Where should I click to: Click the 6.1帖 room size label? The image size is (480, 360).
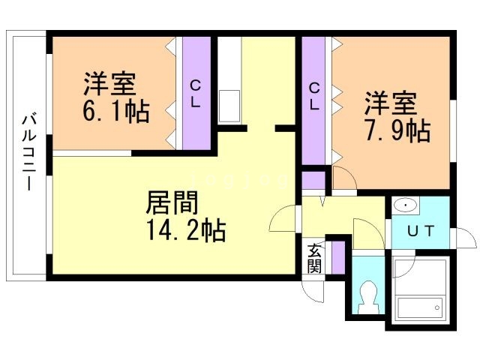(x=116, y=111)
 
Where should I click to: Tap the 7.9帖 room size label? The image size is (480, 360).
(x=398, y=130)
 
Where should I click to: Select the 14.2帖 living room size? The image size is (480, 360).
(x=186, y=230)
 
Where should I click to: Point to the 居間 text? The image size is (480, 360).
(x=172, y=202)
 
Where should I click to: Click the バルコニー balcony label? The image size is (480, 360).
(x=30, y=152)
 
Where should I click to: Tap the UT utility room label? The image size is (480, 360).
(x=421, y=231)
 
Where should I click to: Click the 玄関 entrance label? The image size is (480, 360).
(x=315, y=258)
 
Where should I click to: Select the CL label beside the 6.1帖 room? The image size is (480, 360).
(x=195, y=94)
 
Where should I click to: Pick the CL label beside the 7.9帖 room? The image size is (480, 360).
(x=314, y=96)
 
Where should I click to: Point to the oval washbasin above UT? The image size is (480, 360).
(x=406, y=205)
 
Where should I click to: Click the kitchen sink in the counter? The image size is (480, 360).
(x=229, y=106)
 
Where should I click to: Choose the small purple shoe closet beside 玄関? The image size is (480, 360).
(x=338, y=258)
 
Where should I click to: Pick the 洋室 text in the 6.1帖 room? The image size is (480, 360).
(x=110, y=83)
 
